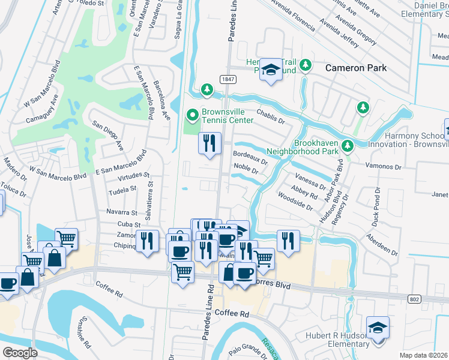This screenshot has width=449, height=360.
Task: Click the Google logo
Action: click(x=20, y=353)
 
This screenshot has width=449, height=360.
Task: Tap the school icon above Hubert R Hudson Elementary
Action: click(x=378, y=328)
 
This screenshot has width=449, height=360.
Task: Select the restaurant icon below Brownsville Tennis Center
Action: click(x=209, y=143)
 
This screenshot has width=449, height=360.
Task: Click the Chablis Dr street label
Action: click(x=270, y=113)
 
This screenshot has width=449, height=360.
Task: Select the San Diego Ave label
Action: click(x=107, y=137)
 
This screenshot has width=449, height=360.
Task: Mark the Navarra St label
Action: click(x=122, y=212)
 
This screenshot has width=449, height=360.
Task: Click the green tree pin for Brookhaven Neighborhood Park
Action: click(x=347, y=146)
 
